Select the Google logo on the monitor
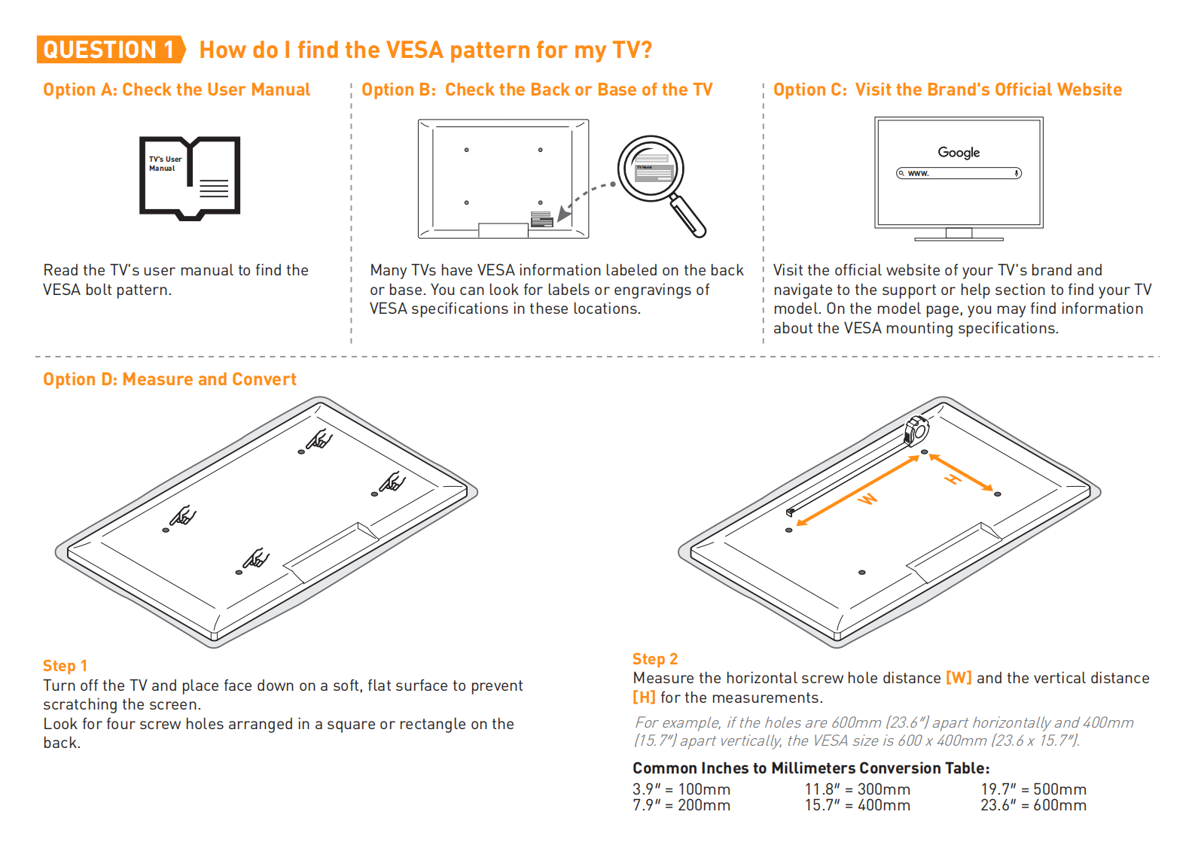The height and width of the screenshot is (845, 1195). point(959,152)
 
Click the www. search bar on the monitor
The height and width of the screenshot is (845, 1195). point(959,173)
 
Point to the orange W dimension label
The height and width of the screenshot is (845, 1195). point(868,498)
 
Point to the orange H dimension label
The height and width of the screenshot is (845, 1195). point(953,479)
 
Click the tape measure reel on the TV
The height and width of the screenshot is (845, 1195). point(916,430)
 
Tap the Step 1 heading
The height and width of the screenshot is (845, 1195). point(65,666)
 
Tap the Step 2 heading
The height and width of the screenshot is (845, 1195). point(654,659)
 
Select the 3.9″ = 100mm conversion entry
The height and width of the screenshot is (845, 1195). point(681,789)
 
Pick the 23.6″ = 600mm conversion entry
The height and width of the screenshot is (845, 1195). point(1033,806)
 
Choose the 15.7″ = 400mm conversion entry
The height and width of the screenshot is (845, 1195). point(857,806)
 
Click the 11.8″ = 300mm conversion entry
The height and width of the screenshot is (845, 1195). point(857,789)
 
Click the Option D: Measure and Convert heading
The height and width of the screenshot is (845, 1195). point(169,379)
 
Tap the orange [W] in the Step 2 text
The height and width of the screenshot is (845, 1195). point(959,678)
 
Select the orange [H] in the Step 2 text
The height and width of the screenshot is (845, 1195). point(644,698)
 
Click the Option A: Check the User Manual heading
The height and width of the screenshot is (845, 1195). point(176,90)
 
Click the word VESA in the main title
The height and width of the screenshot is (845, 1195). point(414,50)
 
